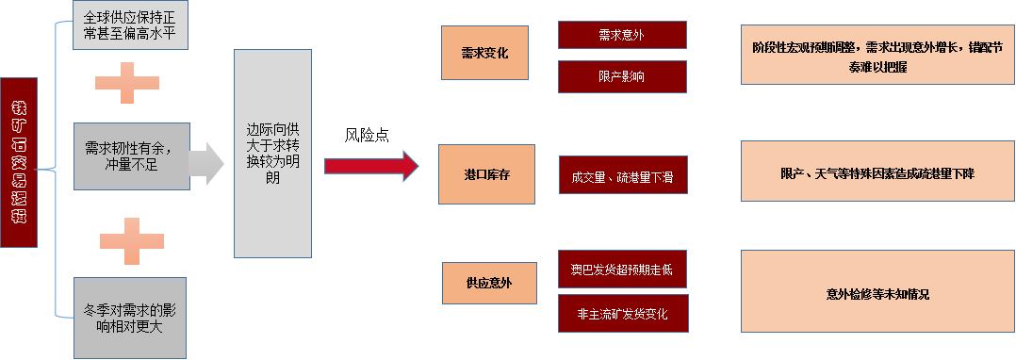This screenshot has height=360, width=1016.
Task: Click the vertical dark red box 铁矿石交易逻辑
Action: coord(19,161)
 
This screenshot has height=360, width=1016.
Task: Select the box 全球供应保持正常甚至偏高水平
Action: coord(129,25)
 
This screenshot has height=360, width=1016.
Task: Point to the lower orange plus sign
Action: coord(131,241)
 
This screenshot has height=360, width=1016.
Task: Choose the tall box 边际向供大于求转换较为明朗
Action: coord(272,154)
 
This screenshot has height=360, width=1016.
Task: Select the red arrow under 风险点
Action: coord(370,166)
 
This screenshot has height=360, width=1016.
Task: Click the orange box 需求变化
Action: coord(486,54)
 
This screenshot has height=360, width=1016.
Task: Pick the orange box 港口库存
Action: coord(486,174)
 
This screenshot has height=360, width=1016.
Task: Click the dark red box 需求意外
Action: coord(622,35)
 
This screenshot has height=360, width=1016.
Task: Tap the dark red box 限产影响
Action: coord(622,77)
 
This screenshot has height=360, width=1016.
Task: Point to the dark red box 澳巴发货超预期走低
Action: coord(622,270)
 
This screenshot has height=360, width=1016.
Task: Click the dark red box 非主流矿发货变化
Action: coord(622,313)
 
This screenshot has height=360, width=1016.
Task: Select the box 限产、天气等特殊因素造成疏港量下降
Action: coord(877,173)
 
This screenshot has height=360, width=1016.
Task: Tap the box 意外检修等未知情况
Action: coord(877,293)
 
